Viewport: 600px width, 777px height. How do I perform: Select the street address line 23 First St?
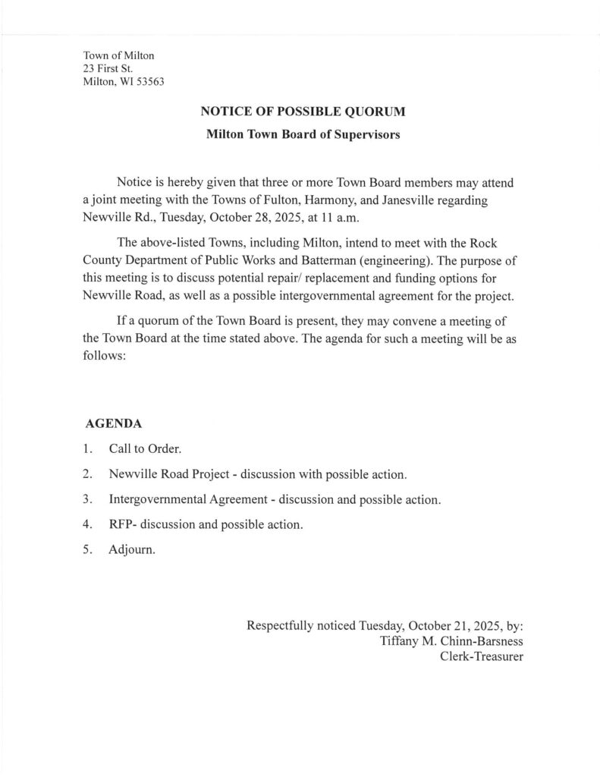click(108, 68)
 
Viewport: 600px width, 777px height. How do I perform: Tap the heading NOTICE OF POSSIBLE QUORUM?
click(303, 112)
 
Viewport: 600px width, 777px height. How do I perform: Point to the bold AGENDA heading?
click(111, 422)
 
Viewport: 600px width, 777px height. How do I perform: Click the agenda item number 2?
click(88, 474)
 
